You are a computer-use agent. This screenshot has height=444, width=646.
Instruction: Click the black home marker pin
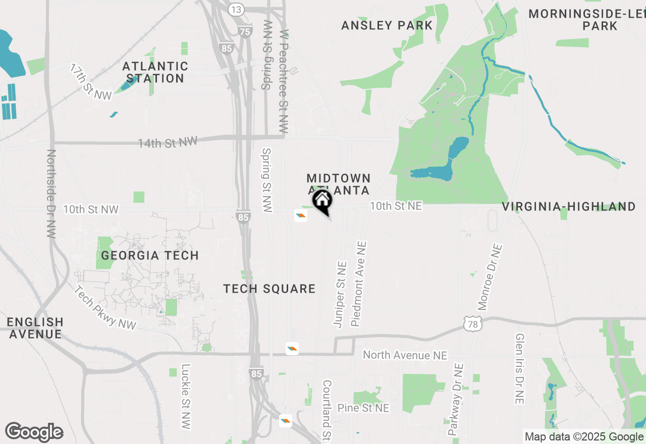[x=322, y=201]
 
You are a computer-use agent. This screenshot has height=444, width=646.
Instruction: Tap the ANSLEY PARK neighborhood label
[x=387, y=25]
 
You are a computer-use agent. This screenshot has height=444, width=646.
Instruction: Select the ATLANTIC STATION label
[x=155, y=72]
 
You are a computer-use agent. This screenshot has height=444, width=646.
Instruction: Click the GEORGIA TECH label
[x=150, y=255]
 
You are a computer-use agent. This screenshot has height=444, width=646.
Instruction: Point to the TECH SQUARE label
[x=270, y=289]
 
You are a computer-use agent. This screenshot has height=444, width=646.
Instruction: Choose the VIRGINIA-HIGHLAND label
[x=569, y=206]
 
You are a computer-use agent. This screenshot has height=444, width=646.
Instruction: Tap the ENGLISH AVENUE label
[x=35, y=328]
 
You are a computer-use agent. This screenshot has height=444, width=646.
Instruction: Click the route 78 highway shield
[x=473, y=324]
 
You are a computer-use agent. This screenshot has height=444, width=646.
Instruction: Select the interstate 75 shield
[x=245, y=32]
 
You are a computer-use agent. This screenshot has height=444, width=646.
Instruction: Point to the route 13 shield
[x=236, y=9]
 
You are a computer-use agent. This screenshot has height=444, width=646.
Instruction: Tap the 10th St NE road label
[x=396, y=206]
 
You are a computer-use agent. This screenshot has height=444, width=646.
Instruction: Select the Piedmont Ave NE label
[x=359, y=283]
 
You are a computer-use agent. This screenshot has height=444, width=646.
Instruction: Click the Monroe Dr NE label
[x=490, y=277]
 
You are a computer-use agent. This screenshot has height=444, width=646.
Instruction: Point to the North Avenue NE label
[x=405, y=355]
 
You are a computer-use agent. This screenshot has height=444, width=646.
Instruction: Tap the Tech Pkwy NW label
[x=105, y=308]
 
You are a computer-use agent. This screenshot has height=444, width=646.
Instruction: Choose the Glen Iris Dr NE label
[x=520, y=368]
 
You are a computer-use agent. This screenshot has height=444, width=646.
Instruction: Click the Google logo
[x=34, y=432]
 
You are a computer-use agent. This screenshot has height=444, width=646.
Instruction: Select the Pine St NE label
[x=363, y=408]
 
